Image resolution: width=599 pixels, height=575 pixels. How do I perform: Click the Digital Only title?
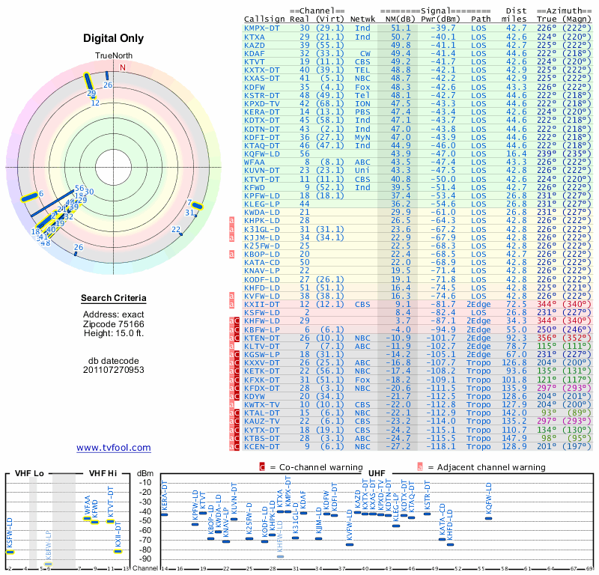(114, 38)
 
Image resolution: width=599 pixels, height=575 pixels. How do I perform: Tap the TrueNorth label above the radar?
(113, 56)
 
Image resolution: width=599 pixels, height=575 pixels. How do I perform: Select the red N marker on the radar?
(123, 67)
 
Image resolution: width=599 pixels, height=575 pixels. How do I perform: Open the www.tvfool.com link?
(114, 448)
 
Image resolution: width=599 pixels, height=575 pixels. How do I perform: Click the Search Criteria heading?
(114, 299)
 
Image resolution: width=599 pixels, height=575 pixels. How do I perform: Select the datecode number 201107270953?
(114, 369)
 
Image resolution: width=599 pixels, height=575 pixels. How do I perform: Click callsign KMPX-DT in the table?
(264, 28)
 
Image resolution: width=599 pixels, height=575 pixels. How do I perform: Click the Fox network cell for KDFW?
(362, 88)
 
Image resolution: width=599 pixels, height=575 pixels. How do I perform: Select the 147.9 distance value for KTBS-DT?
(517, 438)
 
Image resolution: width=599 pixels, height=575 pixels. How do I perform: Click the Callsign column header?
(264, 19)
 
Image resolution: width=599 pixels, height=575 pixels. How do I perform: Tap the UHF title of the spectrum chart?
(377, 474)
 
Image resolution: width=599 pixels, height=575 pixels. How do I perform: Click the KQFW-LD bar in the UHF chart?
(488, 517)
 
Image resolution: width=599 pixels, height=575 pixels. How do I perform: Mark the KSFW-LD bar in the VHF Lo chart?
(10, 552)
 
